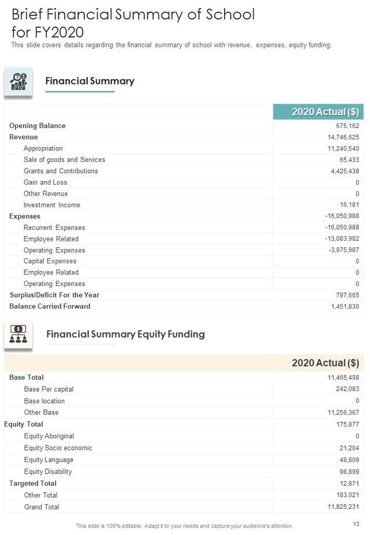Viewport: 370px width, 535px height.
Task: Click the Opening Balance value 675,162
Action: [347, 126]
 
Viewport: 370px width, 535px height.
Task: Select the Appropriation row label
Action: [43, 148]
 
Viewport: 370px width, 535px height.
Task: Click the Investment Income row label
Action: [51, 205]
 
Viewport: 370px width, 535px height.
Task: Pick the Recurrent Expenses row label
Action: [54, 228]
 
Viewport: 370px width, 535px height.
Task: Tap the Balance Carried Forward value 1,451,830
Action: [345, 306]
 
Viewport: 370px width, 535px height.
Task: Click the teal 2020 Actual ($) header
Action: [317, 112]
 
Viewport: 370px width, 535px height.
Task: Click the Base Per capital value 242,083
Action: [347, 389]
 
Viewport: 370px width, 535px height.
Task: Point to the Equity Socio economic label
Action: [58, 448]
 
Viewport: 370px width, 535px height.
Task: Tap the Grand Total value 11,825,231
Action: [343, 507]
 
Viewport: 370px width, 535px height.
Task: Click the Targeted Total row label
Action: [32, 483]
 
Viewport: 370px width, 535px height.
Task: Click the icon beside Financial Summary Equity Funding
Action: [18, 335]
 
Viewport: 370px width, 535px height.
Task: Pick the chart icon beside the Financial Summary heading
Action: [18, 83]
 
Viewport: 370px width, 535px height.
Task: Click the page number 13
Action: [356, 525]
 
